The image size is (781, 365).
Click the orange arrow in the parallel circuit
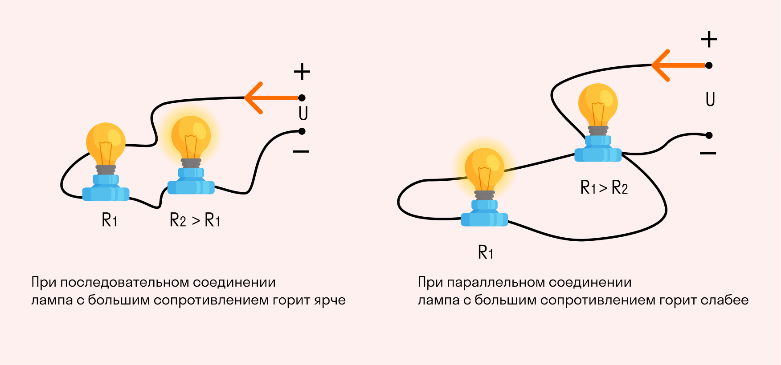tap(679, 65)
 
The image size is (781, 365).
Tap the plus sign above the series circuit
tap(302, 72)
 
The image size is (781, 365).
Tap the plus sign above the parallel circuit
tap(709, 39)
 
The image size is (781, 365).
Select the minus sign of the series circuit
tap(301, 152)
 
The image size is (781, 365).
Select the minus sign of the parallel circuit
tap(708, 154)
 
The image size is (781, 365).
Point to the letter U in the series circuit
tap(303, 114)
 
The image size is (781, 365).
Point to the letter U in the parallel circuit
tap(710, 99)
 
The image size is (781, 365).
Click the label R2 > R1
tap(195, 220)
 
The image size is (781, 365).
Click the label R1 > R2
tap(604, 187)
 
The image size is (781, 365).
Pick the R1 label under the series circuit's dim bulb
tap(110, 220)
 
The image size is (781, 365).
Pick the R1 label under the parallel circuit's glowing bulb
tap(486, 252)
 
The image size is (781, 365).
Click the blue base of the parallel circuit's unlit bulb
tap(598, 149)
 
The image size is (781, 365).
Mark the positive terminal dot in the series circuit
tap(302, 98)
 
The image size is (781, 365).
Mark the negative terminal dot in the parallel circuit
tap(709, 135)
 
